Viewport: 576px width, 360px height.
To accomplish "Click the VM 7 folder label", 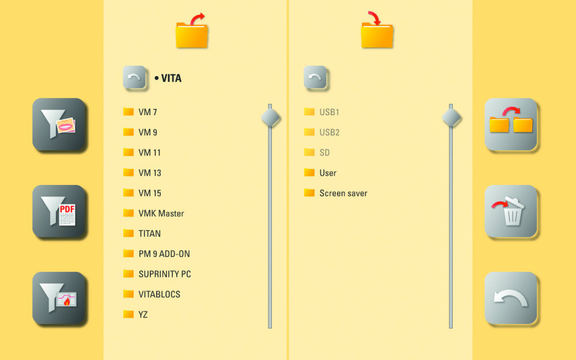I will [x=147, y=112].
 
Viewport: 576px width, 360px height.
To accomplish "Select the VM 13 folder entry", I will [x=150, y=173].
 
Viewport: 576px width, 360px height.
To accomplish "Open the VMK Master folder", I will [x=161, y=213].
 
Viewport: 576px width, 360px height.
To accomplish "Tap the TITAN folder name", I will [x=150, y=234].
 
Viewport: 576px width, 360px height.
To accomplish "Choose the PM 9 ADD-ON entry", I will [x=164, y=254].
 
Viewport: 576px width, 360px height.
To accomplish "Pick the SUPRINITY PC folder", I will [x=165, y=274].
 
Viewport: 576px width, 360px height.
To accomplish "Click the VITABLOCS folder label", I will [x=160, y=294].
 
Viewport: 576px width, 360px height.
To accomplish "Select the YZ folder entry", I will [x=143, y=314].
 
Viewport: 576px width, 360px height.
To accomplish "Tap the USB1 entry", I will [x=329, y=112].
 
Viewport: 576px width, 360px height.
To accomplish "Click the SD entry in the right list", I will [x=325, y=153].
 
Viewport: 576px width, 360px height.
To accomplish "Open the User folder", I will [x=328, y=173].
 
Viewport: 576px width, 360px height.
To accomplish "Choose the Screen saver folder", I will [x=343, y=194].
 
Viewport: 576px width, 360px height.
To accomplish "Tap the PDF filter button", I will [x=59, y=211].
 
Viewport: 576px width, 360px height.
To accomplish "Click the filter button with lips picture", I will [x=59, y=124].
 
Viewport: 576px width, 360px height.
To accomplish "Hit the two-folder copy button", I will [x=511, y=124].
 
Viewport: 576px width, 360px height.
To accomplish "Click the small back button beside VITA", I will [x=134, y=78].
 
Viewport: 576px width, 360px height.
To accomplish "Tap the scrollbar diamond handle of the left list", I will [x=270, y=118].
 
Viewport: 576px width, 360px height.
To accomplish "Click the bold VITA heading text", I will [x=171, y=78].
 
